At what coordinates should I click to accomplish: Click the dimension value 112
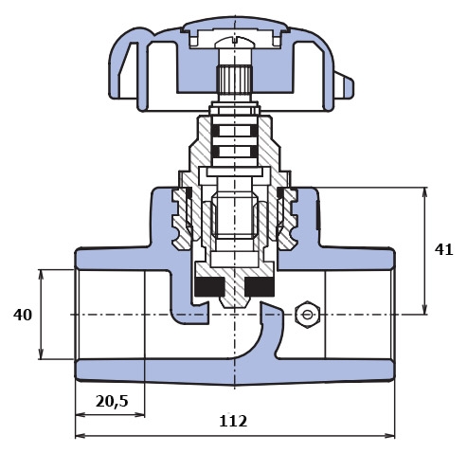[x=233, y=421]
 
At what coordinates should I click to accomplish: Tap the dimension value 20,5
[x=112, y=401]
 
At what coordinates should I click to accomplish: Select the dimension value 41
[x=443, y=249]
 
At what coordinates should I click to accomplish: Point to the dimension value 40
[x=23, y=315]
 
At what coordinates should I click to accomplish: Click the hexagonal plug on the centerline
[x=308, y=315]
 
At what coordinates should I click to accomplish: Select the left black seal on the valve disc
[x=209, y=287]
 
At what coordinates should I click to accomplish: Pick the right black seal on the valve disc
[x=260, y=287]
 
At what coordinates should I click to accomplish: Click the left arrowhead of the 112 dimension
[x=81, y=436]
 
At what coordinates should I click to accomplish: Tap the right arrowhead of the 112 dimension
[x=389, y=436]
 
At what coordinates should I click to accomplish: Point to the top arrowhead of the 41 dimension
[x=424, y=192]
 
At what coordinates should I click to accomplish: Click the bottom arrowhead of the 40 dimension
[x=41, y=353]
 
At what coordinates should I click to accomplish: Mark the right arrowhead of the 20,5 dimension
[x=139, y=414]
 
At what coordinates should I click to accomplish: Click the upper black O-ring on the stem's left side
[x=215, y=131]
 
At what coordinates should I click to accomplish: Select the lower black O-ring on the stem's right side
[x=254, y=152]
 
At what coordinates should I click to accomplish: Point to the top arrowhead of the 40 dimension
[x=41, y=275]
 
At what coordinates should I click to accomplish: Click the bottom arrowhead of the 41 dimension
[x=424, y=309]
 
